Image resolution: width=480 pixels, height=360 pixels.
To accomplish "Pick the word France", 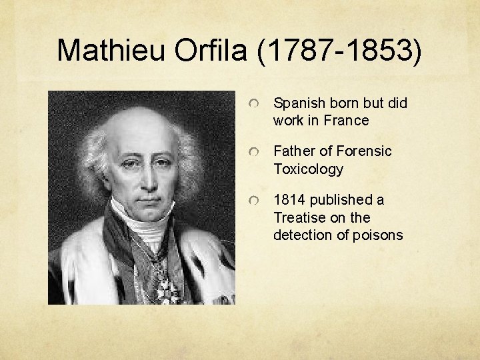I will (346, 121).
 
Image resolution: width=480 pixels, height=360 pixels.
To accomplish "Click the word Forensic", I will (365, 151).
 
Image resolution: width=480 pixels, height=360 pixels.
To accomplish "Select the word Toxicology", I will (308, 169).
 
